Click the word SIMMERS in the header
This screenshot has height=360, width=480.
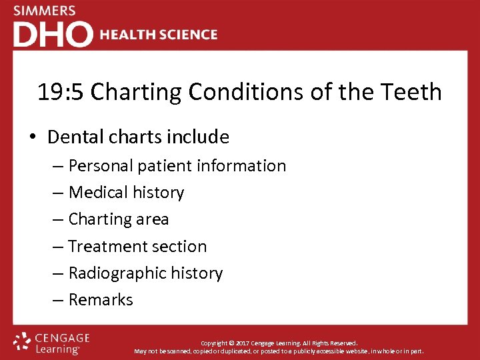[x=45, y=11]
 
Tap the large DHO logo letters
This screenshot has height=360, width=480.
[x=53, y=35]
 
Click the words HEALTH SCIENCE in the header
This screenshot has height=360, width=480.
[x=159, y=35]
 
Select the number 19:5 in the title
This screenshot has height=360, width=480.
[x=61, y=92]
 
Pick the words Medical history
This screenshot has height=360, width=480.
[x=126, y=193]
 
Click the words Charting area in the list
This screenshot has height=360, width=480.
[x=119, y=219]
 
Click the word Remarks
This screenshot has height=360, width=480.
[x=101, y=300]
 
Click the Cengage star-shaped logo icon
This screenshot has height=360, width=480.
[x=22, y=341]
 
